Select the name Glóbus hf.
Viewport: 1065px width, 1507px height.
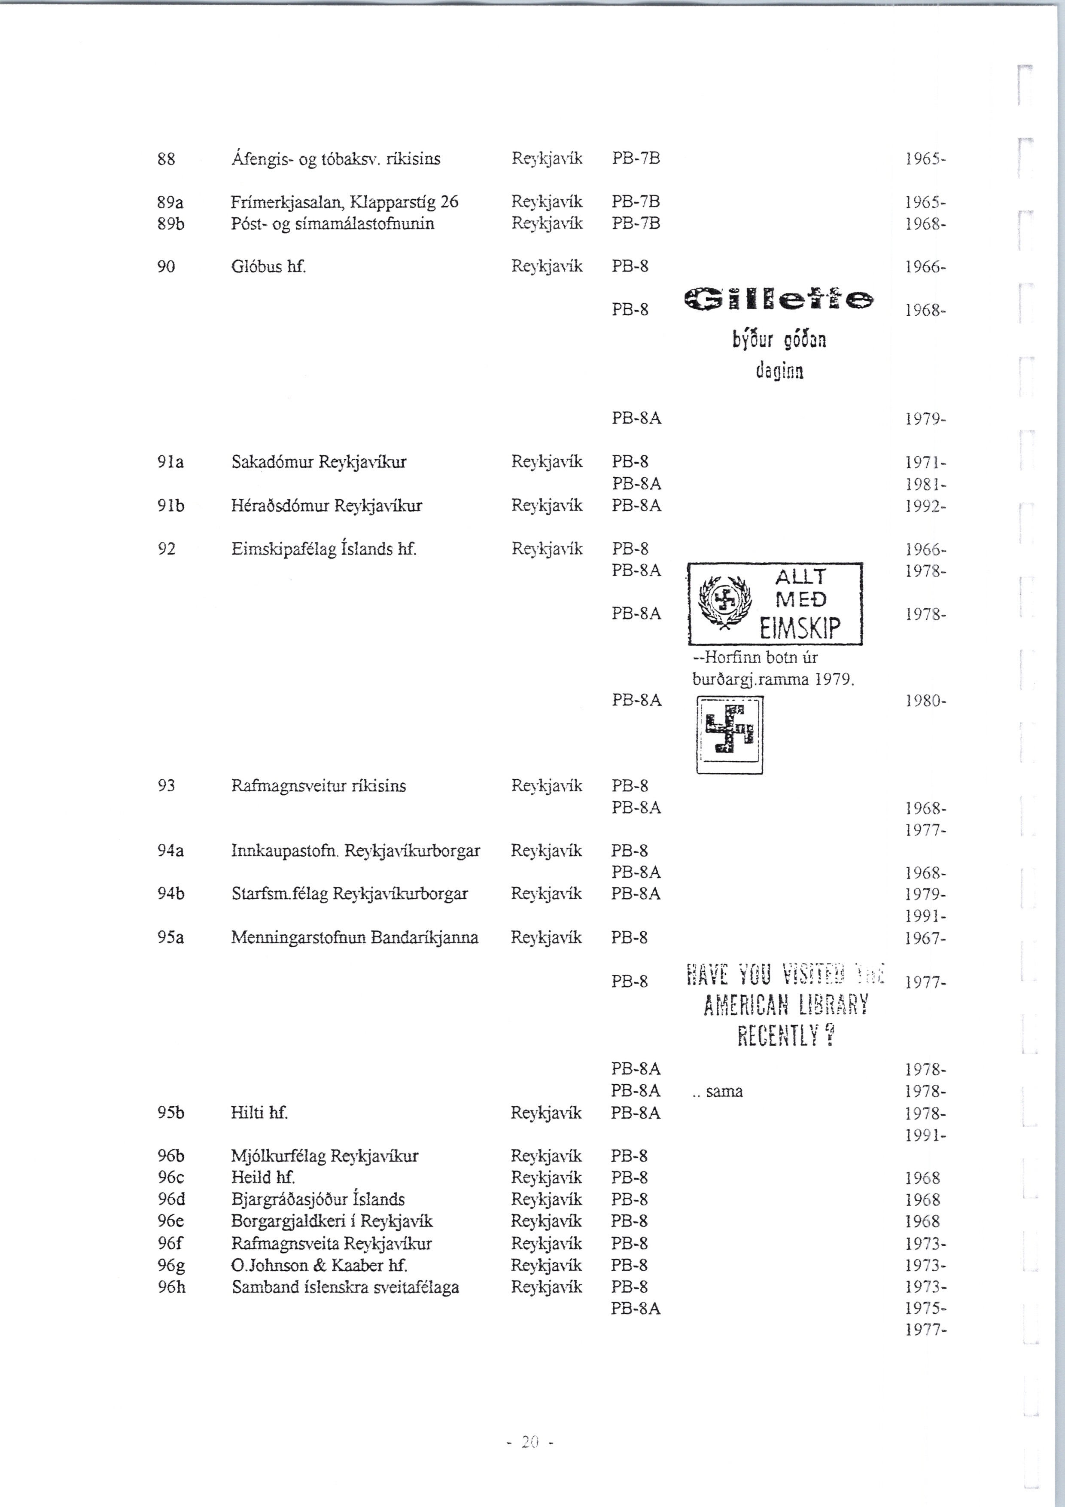[269, 266]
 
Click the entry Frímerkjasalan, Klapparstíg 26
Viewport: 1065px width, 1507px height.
[344, 201]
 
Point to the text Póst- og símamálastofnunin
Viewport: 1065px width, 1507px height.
[333, 223]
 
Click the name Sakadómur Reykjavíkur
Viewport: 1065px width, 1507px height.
[319, 462]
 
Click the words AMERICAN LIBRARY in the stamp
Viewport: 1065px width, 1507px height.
[785, 1004]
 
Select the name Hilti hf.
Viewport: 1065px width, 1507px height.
[259, 1113]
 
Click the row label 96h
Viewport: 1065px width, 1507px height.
[171, 1287]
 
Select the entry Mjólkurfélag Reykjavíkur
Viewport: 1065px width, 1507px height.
[325, 1156]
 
